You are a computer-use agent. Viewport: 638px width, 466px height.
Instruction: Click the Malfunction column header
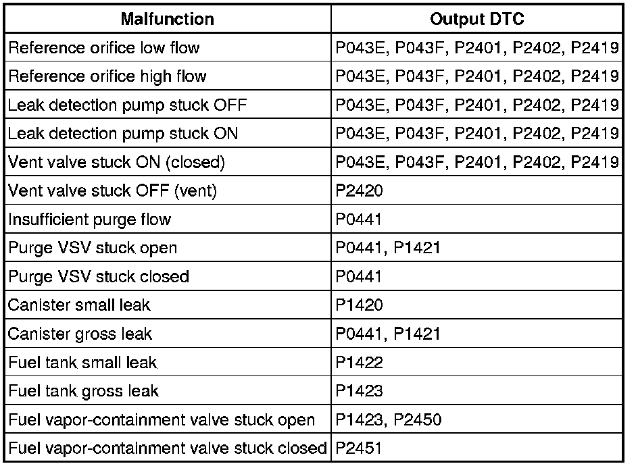click(167, 20)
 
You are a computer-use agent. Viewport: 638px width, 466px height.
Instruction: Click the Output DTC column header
click(477, 20)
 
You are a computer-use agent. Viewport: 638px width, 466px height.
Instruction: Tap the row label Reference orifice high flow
click(107, 76)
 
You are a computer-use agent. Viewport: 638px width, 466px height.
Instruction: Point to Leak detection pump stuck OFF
click(127, 105)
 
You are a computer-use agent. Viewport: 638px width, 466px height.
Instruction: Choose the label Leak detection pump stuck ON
click(123, 134)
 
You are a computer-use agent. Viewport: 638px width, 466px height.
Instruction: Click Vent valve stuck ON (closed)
click(116, 162)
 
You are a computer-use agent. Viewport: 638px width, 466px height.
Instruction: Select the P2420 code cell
click(360, 191)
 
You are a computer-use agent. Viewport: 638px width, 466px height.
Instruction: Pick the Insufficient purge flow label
click(89, 219)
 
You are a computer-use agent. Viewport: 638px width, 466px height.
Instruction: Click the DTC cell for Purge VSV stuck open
click(388, 248)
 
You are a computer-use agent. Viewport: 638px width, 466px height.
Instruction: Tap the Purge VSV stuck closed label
click(99, 276)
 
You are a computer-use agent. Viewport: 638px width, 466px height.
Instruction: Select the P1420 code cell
click(360, 305)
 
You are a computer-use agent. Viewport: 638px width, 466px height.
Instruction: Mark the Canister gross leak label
click(80, 334)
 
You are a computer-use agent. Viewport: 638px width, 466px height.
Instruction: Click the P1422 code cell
click(360, 363)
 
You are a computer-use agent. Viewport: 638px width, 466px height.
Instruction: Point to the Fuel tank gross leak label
click(84, 391)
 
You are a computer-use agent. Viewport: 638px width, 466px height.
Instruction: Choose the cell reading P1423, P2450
click(389, 420)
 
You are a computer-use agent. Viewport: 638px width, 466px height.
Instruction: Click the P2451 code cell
click(360, 448)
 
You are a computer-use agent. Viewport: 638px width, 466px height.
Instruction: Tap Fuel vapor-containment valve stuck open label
click(162, 420)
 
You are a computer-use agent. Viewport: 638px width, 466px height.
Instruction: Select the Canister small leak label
click(79, 305)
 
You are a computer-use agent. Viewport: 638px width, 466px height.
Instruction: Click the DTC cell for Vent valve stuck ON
click(477, 162)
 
